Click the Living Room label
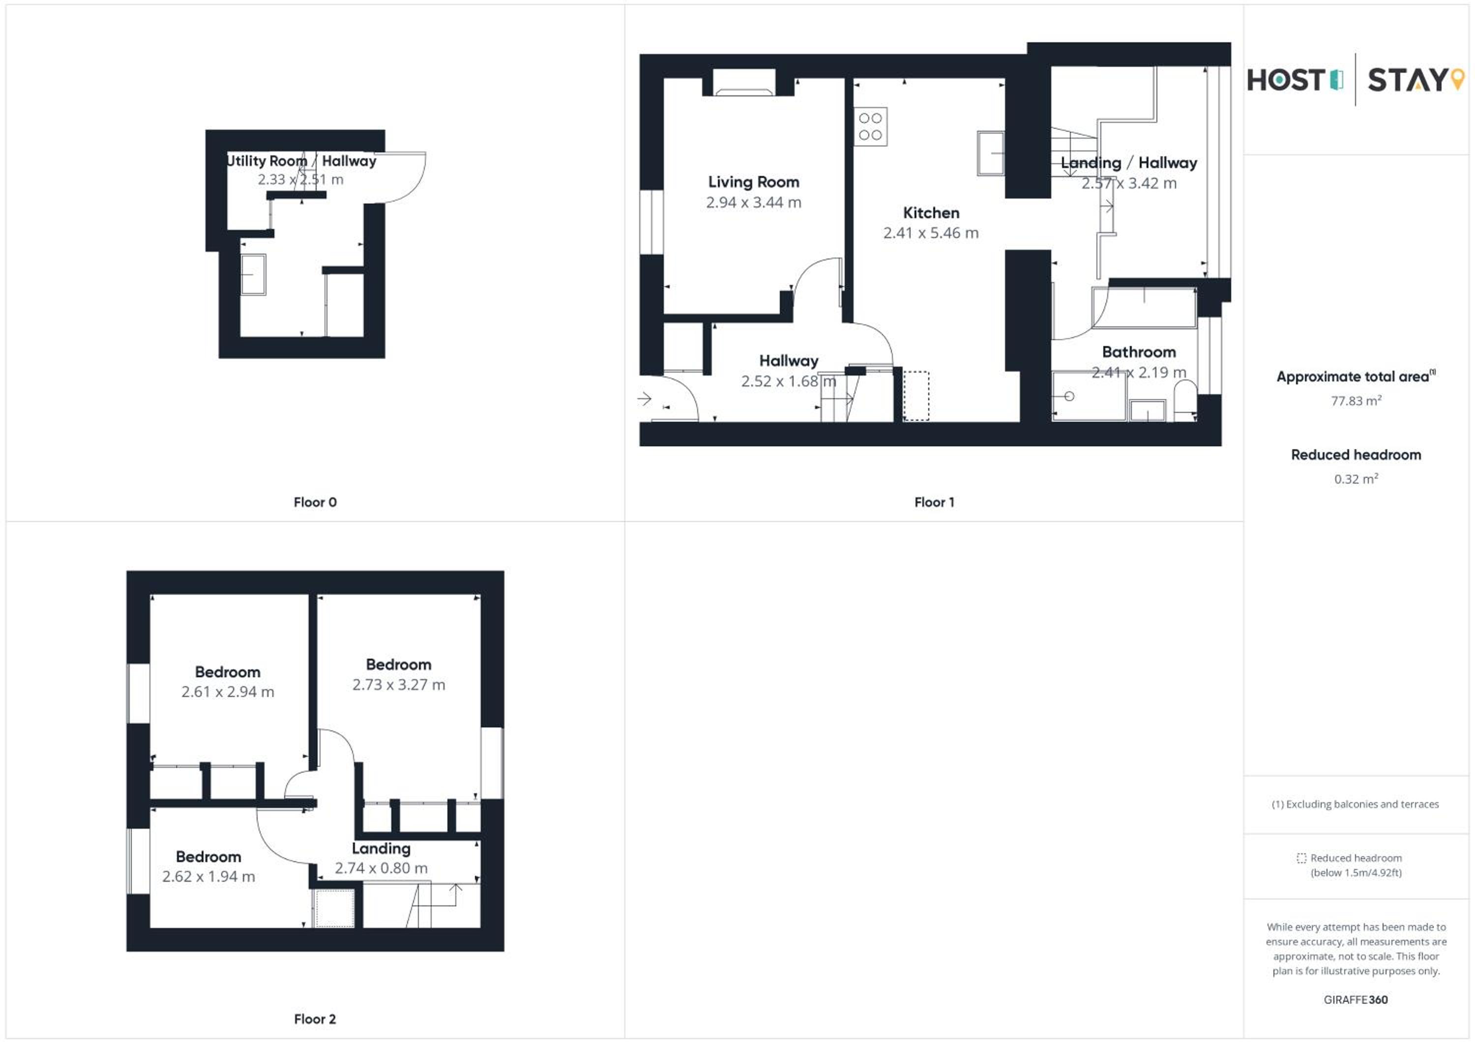pos(754,182)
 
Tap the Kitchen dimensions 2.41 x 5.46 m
pos(931,232)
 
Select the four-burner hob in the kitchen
pos(870,126)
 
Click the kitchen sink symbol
pos(990,153)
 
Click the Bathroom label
pos(1139,352)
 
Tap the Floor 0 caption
pos(315,502)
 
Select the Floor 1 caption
pos(934,502)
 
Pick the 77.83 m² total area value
pos(1356,401)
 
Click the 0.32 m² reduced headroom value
pos(1356,478)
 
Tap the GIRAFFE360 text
pos(1356,999)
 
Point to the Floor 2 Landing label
pos(381,848)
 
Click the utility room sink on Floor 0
pos(253,274)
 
